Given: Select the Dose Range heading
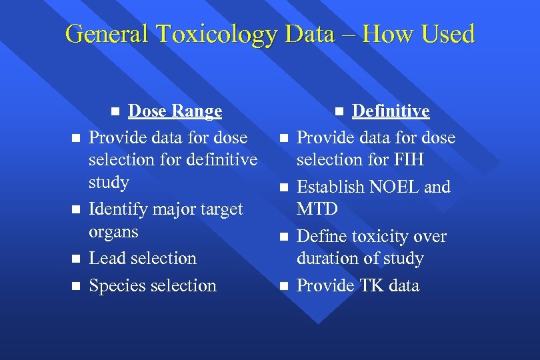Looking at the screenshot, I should [x=175, y=111].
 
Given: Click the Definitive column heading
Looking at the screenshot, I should [x=391, y=111].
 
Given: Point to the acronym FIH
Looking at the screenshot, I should [x=409, y=160].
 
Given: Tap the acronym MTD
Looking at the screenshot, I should [x=317, y=209].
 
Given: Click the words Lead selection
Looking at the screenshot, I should [x=143, y=259].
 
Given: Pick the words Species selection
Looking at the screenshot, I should [x=153, y=286].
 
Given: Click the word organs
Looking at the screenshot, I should [x=113, y=232].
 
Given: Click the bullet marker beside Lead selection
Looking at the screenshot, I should [x=76, y=259].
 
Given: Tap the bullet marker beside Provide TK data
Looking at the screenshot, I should [x=283, y=286].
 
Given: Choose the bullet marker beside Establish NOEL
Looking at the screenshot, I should [x=283, y=187].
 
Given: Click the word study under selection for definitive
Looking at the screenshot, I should [x=109, y=182].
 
